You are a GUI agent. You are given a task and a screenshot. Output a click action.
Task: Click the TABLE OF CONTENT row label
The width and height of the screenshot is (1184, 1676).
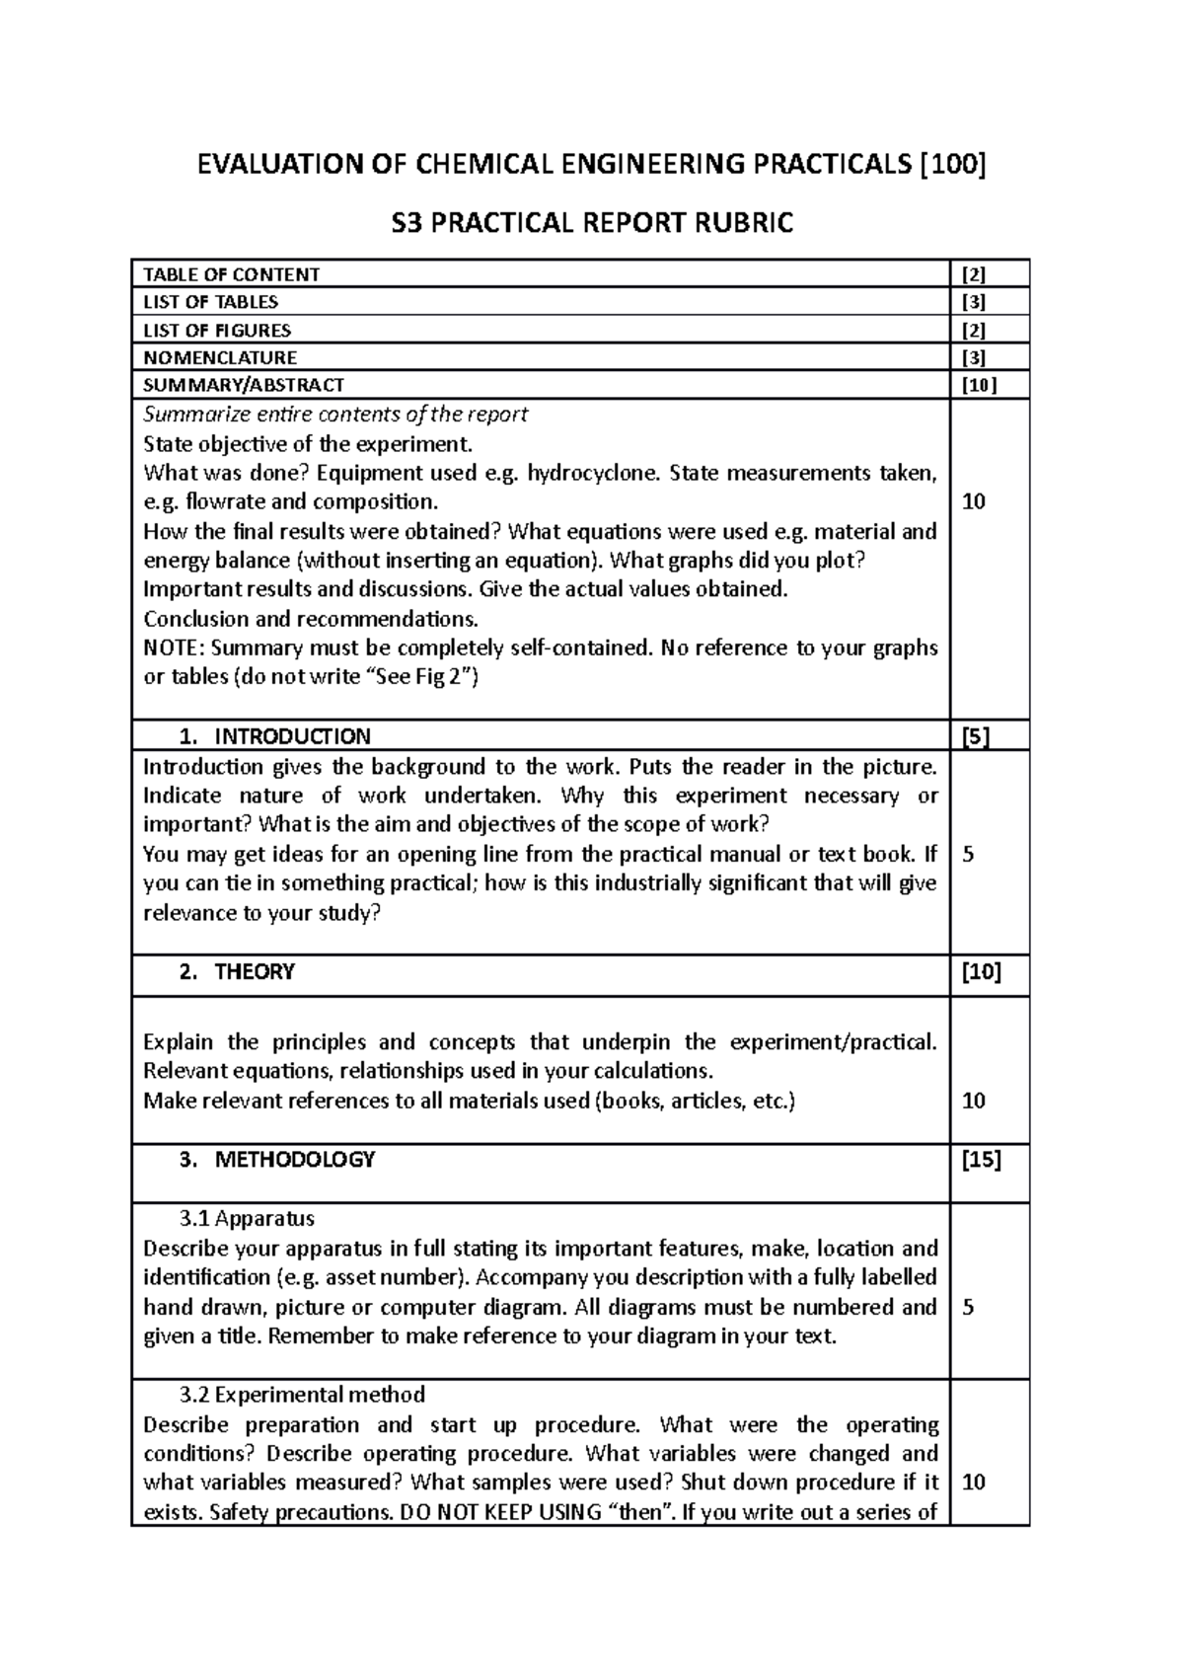pyautogui.click(x=231, y=274)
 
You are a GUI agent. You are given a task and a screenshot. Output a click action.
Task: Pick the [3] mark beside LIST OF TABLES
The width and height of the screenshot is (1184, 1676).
pyautogui.click(x=973, y=302)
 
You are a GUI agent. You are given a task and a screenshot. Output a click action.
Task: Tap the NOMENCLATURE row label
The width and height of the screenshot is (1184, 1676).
pyautogui.click(x=219, y=357)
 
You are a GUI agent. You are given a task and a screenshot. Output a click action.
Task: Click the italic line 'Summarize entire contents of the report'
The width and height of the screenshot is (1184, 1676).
pyautogui.click(x=335, y=415)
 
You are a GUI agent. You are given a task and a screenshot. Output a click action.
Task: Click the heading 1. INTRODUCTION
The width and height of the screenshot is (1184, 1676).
pyautogui.click(x=275, y=736)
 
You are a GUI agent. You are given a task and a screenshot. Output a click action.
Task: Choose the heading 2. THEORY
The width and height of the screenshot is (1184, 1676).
pyautogui.click(x=238, y=972)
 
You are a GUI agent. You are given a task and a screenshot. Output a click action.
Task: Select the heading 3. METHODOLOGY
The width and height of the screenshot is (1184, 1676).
pyautogui.click(x=277, y=1160)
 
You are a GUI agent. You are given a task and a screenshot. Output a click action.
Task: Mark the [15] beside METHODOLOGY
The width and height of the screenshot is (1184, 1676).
pyautogui.click(x=981, y=1160)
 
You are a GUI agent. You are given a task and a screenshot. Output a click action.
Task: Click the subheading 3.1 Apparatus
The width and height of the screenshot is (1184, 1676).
pyautogui.click(x=247, y=1219)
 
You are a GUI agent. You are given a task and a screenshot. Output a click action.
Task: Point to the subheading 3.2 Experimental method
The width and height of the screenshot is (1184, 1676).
pyautogui.click(x=302, y=1395)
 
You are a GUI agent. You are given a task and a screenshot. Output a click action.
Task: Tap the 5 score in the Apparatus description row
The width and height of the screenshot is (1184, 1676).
pyautogui.click(x=968, y=1308)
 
